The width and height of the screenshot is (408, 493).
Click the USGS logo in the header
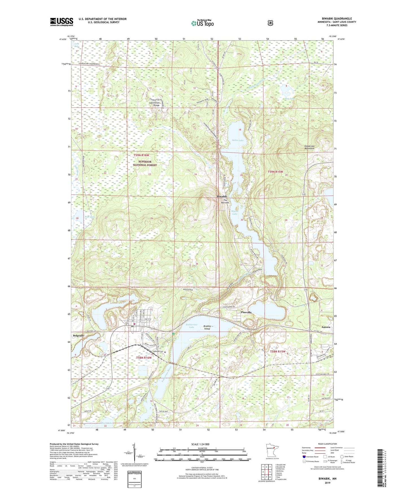[62, 22]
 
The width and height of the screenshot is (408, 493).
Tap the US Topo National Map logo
[202, 23]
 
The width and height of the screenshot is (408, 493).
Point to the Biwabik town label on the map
[222, 196]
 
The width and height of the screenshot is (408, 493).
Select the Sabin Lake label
[237, 140]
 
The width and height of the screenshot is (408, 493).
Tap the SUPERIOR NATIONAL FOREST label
[145, 163]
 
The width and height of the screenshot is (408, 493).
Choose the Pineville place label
[246, 313]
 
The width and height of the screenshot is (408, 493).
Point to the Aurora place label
[326, 327]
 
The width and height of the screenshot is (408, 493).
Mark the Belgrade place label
[78, 335]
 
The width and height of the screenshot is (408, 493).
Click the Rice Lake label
[90, 217]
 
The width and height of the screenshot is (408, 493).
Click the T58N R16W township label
[144, 358]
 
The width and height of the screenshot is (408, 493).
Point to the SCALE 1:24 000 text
[200, 444]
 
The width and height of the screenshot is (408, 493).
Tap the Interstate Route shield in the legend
[304, 457]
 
